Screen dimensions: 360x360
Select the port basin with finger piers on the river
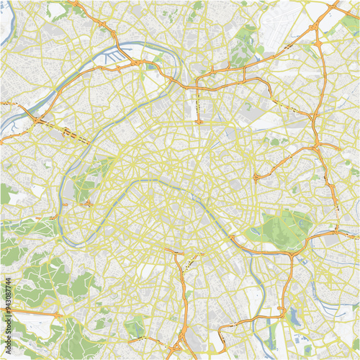tap(130, 53)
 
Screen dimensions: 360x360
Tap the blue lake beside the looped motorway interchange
tap(292, 316)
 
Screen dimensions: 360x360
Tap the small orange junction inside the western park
tap(89, 204)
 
